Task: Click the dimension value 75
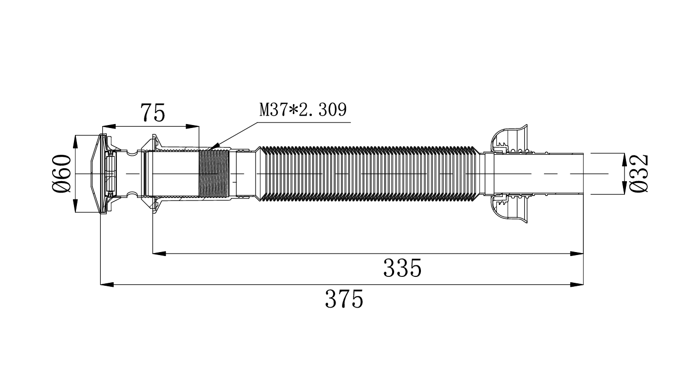click(x=153, y=113)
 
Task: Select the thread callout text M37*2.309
click(x=303, y=110)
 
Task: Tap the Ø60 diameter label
click(x=62, y=174)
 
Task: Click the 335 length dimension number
click(x=403, y=268)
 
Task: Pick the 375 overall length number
click(x=344, y=299)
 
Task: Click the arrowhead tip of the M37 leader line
click(x=209, y=149)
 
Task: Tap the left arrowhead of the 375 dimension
click(x=107, y=284)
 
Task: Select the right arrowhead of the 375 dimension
click(x=577, y=284)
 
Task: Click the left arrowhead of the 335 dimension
click(x=159, y=254)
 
